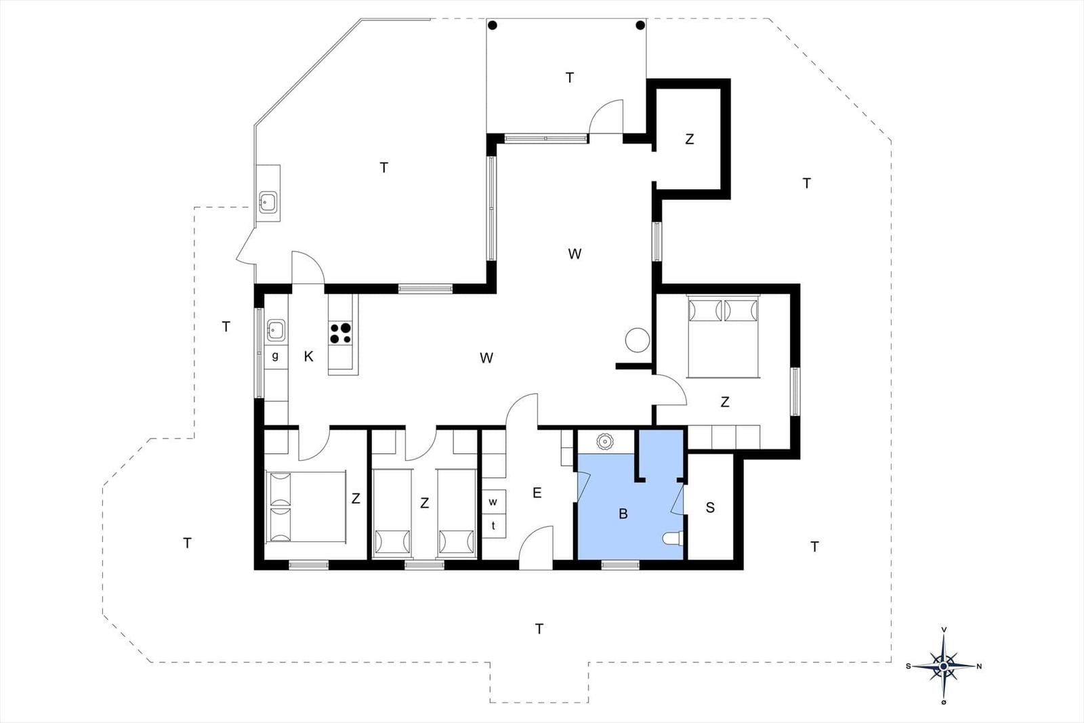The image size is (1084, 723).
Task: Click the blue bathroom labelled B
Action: pyautogui.click(x=624, y=514)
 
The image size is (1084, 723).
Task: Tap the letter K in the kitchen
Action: pyautogui.click(x=308, y=356)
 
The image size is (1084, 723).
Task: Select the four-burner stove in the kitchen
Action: pyautogui.click(x=341, y=333)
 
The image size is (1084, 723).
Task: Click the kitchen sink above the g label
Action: pyautogui.click(x=276, y=331)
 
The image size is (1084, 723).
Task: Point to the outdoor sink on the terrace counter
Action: pyautogui.click(x=268, y=203)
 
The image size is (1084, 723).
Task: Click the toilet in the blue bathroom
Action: pyautogui.click(x=672, y=539)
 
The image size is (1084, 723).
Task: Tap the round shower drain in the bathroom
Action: pyautogui.click(x=604, y=441)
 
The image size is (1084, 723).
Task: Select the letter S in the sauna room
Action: pyautogui.click(x=710, y=508)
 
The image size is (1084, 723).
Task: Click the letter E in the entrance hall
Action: pyautogui.click(x=537, y=493)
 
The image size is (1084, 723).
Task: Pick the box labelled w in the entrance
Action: pyautogui.click(x=494, y=502)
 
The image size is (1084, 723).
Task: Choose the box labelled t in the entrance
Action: pyautogui.click(x=494, y=526)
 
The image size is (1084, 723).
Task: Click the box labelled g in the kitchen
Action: pyautogui.click(x=276, y=356)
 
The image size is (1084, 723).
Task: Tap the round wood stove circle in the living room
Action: pyautogui.click(x=637, y=339)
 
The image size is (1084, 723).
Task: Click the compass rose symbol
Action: pyautogui.click(x=944, y=666)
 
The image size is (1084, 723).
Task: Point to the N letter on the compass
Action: pyautogui.click(x=979, y=666)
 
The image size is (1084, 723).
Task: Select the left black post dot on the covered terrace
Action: pyautogui.click(x=492, y=25)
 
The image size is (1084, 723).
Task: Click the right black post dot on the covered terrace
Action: pyautogui.click(x=640, y=25)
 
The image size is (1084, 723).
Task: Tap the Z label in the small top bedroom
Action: pyautogui.click(x=690, y=140)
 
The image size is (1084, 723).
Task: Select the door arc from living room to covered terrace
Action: pyautogui.click(x=605, y=117)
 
